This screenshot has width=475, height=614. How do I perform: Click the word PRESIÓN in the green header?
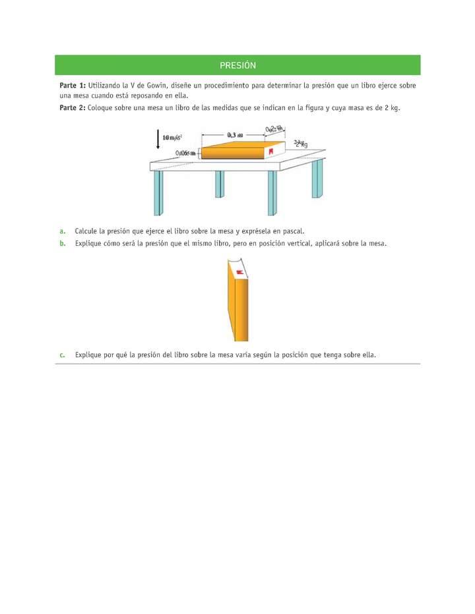(x=237, y=65)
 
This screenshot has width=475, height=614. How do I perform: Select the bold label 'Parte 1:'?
(x=73, y=86)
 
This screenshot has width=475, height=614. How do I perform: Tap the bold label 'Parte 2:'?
(x=73, y=107)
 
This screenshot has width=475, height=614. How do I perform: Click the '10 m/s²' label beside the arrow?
(x=173, y=137)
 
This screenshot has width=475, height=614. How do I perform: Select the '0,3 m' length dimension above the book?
(x=234, y=134)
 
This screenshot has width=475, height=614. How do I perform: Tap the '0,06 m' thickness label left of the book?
(x=186, y=153)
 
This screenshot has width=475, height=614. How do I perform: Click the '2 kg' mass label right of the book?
(x=301, y=144)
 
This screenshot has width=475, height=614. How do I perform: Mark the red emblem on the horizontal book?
(x=269, y=152)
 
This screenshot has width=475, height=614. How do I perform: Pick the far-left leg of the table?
(x=158, y=192)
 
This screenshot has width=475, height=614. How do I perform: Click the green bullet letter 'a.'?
(x=63, y=231)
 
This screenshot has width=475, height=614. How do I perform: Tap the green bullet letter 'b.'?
(x=63, y=243)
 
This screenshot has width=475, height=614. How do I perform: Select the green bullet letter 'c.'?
(x=63, y=354)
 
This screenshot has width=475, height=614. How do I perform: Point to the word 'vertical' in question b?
(x=296, y=243)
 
